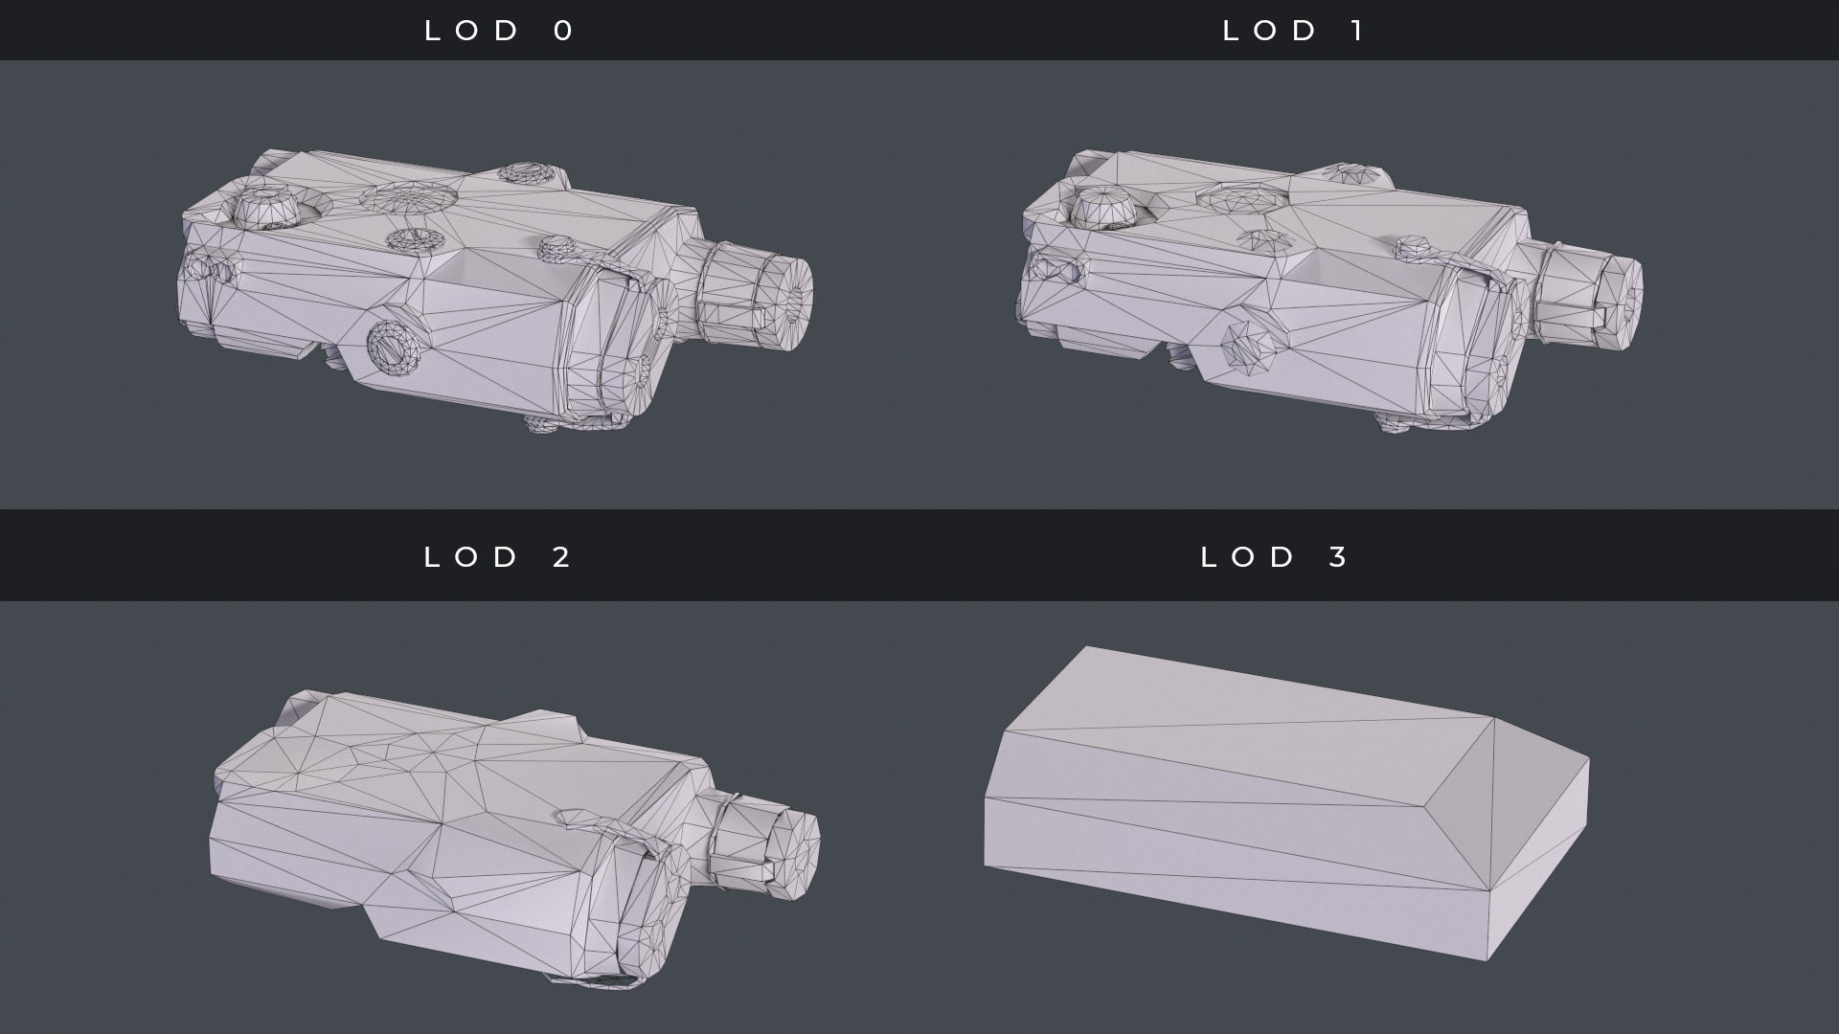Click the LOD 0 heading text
tap(499, 31)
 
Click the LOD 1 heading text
tap(1294, 31)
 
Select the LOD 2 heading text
tap(498, 556)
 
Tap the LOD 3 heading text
tap(1275, 556)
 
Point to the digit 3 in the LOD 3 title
tap(1338, 556)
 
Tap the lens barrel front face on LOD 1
tap(1625, 295)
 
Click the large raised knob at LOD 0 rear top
tap(269, 207)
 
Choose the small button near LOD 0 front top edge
tap(556, 249)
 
